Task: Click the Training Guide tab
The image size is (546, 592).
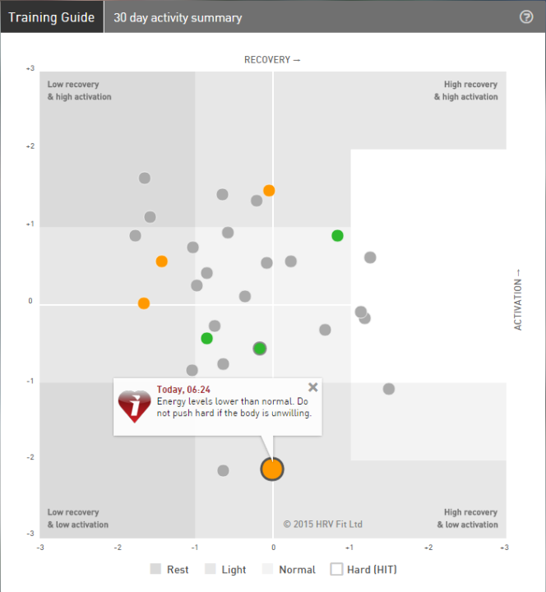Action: (51, 16)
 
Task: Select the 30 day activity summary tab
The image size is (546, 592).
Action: (178, 17)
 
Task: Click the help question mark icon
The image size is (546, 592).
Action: (527, 17)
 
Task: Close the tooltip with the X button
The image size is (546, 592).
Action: (312, 387)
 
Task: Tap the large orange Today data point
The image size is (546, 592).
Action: (272, 469)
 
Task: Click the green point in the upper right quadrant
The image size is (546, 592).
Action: (337, 236)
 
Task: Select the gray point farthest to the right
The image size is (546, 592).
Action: (389, 389)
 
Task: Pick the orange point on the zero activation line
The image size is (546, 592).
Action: (144, 303)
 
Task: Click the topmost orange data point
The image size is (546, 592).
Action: (269, 191)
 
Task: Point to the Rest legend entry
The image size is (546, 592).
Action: (169, 569)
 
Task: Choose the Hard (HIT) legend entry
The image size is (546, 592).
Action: (363, 569)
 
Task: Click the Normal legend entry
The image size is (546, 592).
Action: (289, 569)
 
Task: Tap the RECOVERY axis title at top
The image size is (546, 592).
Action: (272, 60)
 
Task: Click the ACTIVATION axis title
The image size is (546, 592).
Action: (518, 300)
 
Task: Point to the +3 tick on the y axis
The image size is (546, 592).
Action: (30, 68)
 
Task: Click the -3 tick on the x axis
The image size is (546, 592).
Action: (40, 546)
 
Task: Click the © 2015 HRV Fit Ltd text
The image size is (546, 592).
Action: (322, 524)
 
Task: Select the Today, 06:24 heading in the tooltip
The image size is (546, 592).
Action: (183, 390)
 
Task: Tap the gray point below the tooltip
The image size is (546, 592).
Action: (223, 470)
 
